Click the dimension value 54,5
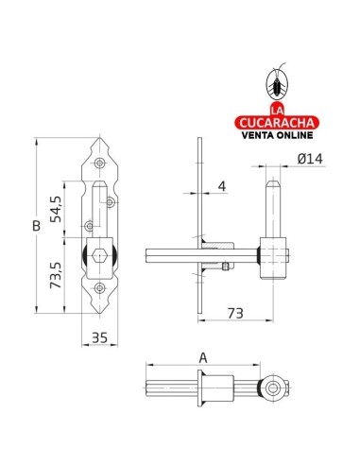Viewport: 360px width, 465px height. point(56,209)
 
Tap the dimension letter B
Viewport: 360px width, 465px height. point(37,226)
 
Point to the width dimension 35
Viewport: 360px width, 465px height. point(99,337)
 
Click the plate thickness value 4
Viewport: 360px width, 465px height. point(222,186)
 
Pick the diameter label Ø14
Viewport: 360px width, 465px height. point(310,159)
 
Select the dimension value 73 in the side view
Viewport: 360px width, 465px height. point(235,313)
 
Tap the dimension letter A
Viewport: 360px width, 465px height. point(203,358)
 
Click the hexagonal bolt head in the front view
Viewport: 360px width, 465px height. point(99,256)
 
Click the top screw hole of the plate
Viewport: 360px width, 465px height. point(100,163)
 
